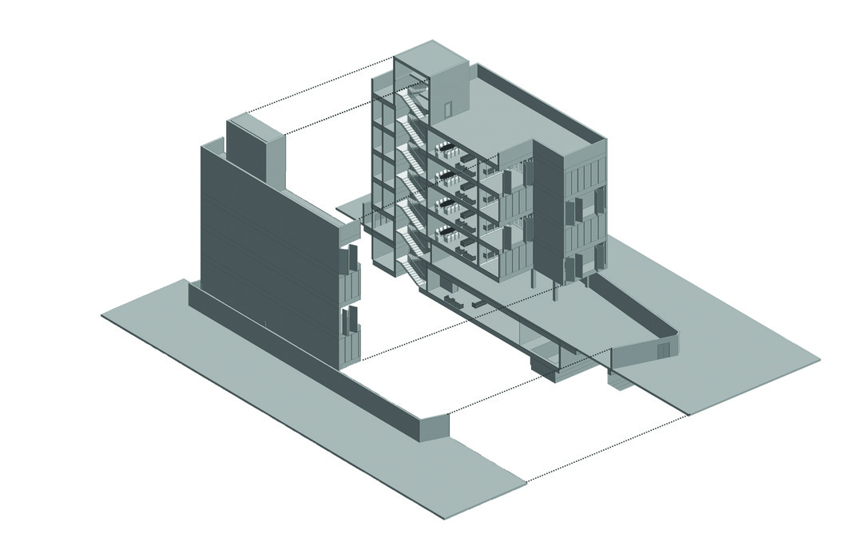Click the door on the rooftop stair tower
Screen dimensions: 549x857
click(449, 109)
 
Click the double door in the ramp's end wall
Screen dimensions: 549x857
click(662, 350)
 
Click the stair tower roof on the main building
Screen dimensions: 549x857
click(430, 55)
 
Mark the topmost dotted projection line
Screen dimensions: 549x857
click(319, 85)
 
